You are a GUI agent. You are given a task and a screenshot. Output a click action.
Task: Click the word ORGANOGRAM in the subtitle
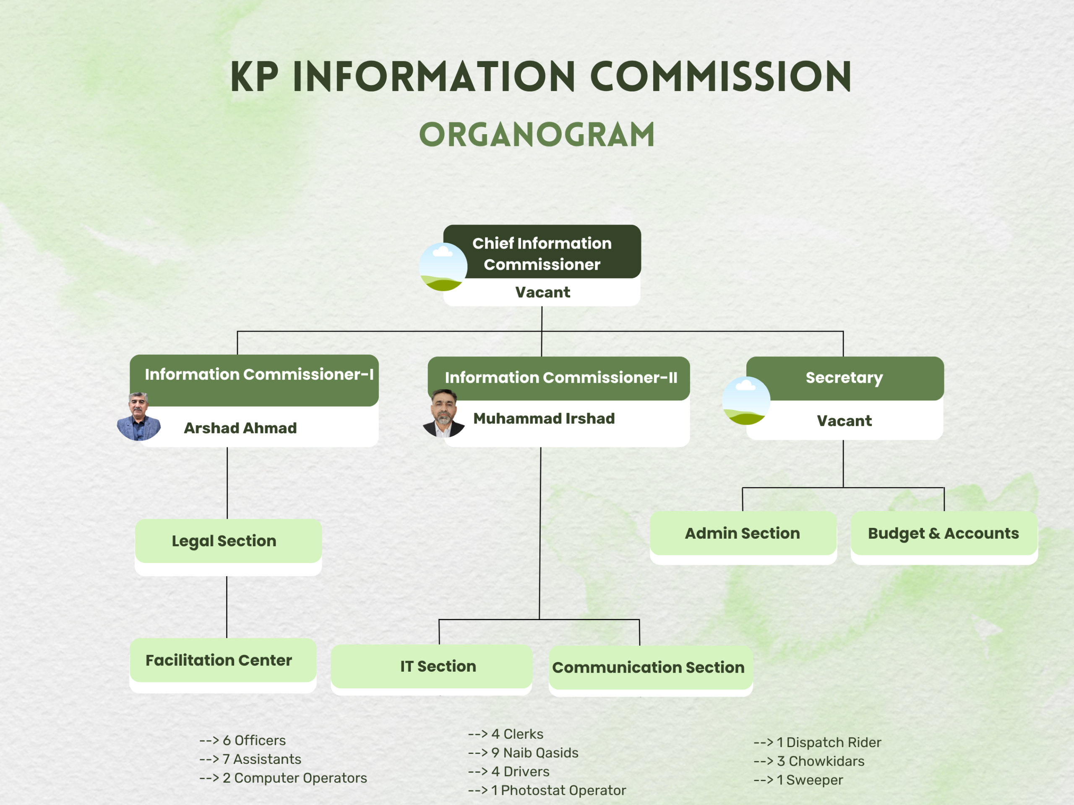(x=537, y=135)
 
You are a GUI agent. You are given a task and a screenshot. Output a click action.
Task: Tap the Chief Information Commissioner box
(x=542, y=253)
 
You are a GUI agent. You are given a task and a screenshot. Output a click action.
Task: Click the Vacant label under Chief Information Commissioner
(x=542, y=292)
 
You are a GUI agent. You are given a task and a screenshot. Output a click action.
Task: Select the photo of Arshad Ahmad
(x=139, y=417)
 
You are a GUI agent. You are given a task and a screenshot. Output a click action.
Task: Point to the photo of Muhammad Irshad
(x=443, y=413)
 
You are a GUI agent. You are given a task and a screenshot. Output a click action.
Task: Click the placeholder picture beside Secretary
(x=746, y=400)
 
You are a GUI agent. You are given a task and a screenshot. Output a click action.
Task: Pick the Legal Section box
(x=224, y=540)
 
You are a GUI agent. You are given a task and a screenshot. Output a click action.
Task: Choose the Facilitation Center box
(x=219, y=660)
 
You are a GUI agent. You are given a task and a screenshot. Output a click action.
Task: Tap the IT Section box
(x=438, y=666)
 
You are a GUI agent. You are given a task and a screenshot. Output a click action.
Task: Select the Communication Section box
(x=648, y=667)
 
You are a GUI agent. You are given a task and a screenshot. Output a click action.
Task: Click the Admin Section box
(x=743, y=533)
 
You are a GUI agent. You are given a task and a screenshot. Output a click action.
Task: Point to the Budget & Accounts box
(x=943, y=533)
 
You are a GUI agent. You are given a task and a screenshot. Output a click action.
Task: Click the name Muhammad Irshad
(x=544, y=418)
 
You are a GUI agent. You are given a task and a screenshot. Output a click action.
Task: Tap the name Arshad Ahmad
(x=240, y=428)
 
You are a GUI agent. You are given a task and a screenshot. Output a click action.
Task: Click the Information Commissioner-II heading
(x=561, y=377)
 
